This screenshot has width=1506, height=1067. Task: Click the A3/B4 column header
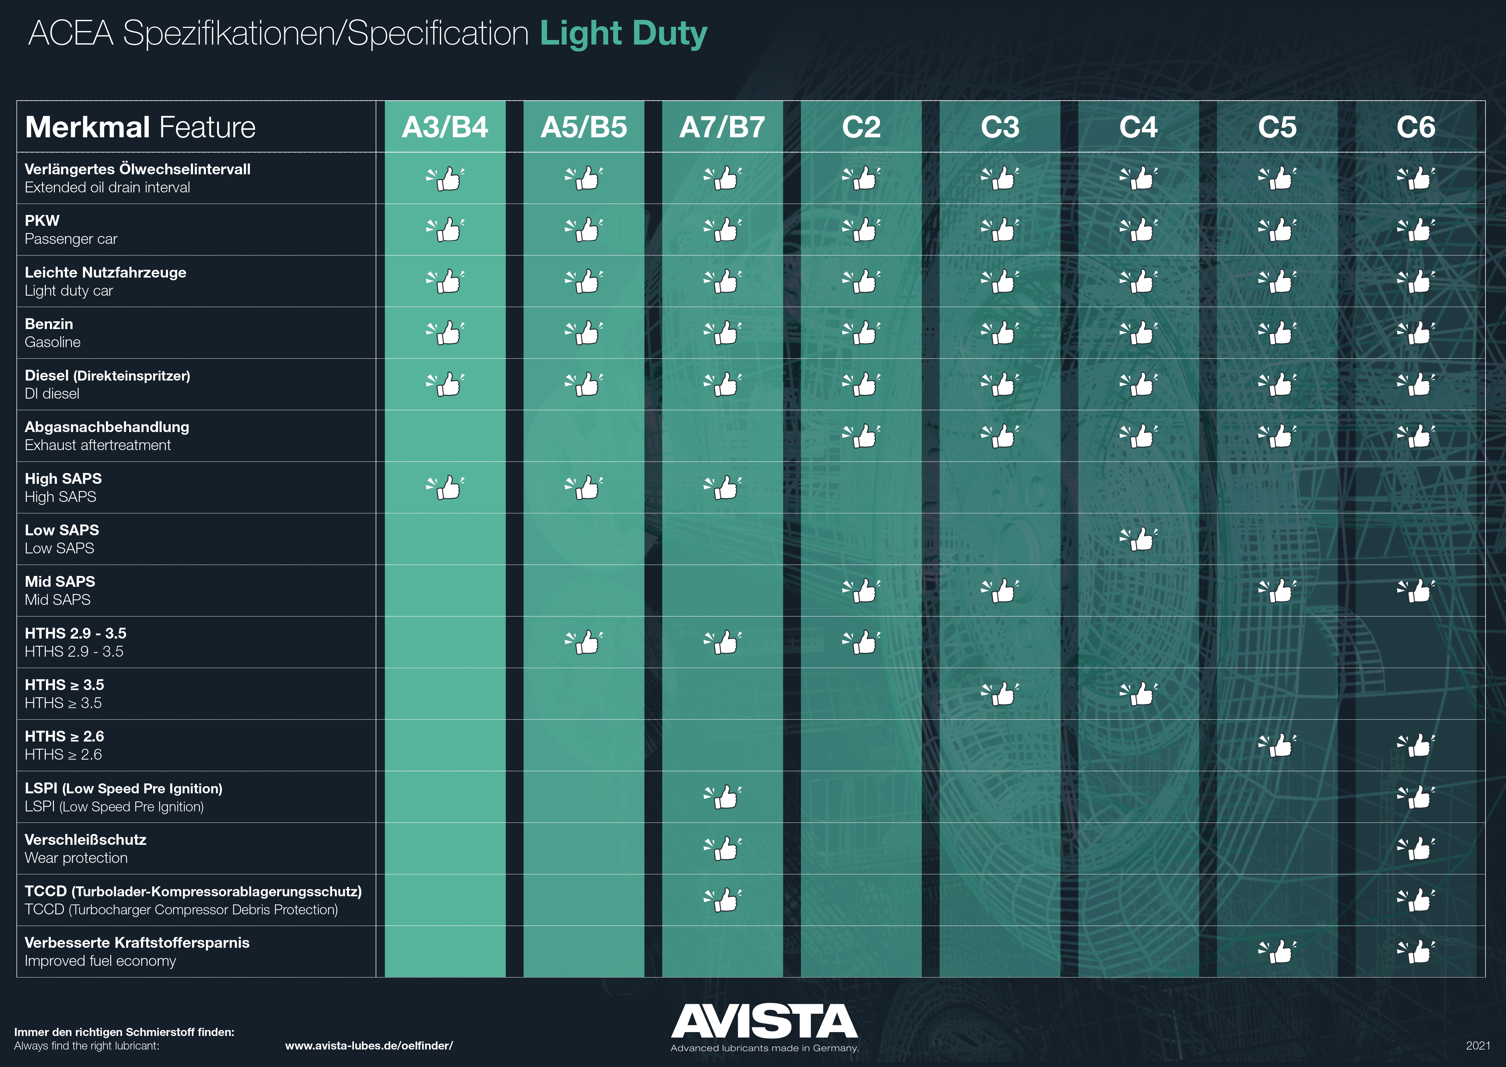[x=445, y=127]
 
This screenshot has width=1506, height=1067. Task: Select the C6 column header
[x=1416, y=127]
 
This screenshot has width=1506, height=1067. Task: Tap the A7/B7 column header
[x=722, y=127]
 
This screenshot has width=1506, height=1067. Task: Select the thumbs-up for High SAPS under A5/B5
[x=584, y=487]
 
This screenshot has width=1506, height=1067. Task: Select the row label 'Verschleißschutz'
[x=86, y=840]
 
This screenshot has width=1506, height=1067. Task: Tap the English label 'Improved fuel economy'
[x=101, y=961]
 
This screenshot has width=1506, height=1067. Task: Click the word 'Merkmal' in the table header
[x=87, y=127]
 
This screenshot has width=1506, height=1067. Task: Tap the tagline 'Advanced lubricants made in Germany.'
[x=764, y=1048]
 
